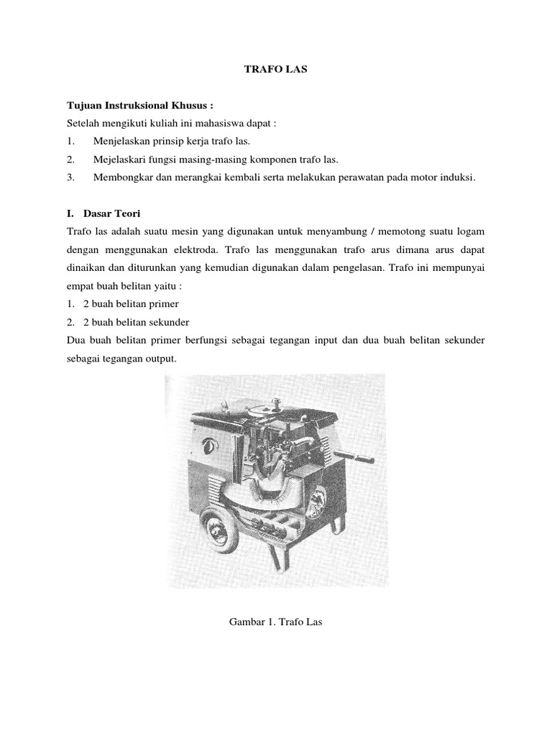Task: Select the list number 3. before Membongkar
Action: pyautogui.click(x=70, y=177)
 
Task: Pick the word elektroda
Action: pyautogui.click(x=205, y=249)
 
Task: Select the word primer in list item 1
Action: pyautogui.click(x=164, y=303)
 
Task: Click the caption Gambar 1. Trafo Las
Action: pyautogui.click(x=275, y=620)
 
